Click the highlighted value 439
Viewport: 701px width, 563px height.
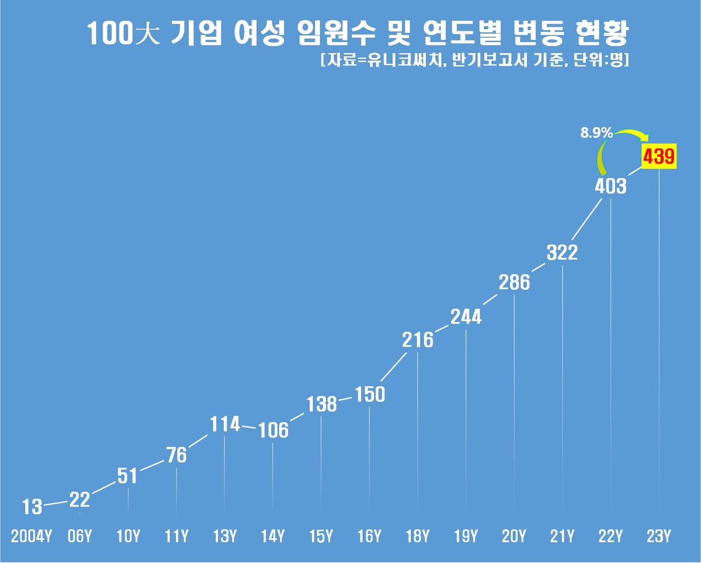click(x=659, y=157)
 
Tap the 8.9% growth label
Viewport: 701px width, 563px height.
click(x=596, y=133)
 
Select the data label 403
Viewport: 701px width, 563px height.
click(x=610, y=186)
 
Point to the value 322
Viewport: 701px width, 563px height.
click(x=562, y=252)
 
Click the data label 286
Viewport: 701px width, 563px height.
click(x=514, y=283)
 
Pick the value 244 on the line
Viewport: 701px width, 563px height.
click(x=466, y=317)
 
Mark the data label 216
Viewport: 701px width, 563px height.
click(x=417, y=340)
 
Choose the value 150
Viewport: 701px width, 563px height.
click(x=370, y=394)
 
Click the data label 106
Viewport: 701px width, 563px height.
click(x=273, y=430)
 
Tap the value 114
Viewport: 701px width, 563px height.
click(x=225, y=424)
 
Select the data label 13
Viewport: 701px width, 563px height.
click(x=32, y=507)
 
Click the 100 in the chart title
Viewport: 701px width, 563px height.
click(x=110, y=35)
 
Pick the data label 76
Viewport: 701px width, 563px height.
click(x=176, y=455)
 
